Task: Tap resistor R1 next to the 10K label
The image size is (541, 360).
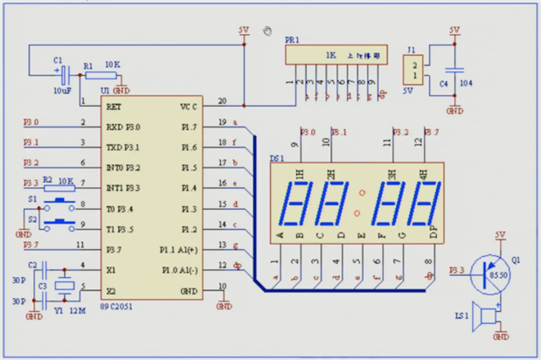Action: (98, 76)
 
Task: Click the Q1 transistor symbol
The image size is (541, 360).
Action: (485, 273)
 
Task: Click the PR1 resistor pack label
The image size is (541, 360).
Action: (292, 40)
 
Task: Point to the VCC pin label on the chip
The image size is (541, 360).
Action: (188, 106)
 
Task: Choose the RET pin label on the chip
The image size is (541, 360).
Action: (114, 106)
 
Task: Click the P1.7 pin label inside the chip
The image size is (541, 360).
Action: (188, 127)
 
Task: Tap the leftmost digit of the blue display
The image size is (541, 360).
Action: (299, 206)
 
